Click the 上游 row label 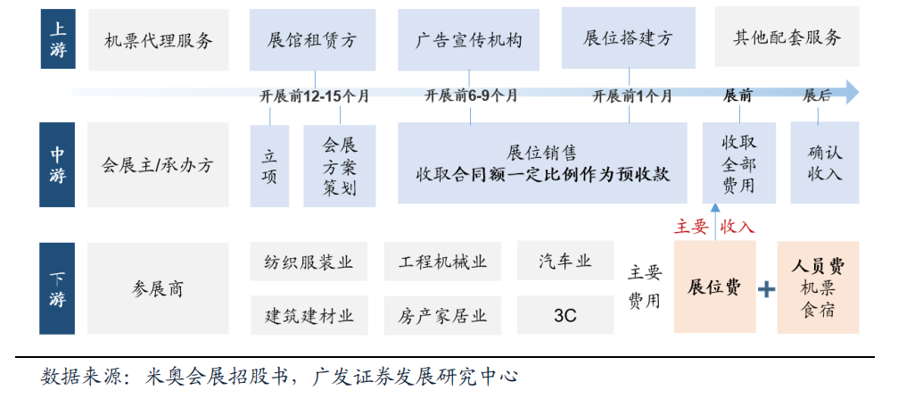tap(58, 39)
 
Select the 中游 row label tap(58, 165)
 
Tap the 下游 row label tap(58, 287)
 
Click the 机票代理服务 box tap(159, 39)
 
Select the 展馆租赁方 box tap(311, 40)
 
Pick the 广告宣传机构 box tap(468, 40)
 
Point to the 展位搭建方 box tap(628, 38)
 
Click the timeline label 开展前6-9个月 tap(471, 96)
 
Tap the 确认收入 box tap(825, 163)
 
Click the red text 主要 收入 tap(714, 228)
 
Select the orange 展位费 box tap(714, 287)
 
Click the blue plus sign tap(766, 288)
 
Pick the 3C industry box tap(565, 315)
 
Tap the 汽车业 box tap(565, 262)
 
